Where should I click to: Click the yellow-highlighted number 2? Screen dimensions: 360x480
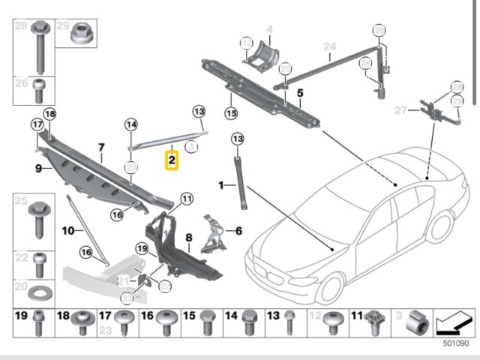172,160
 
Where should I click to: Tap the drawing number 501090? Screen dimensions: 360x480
456,343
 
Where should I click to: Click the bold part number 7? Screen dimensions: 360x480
101,147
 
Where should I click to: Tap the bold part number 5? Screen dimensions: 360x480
300,93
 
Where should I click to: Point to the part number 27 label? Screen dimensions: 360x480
400,110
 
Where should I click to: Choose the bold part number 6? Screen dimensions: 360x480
239,231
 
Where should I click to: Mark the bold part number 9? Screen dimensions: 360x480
38,169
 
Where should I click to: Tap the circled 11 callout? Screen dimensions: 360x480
186,199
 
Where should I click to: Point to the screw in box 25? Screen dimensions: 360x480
39,220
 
